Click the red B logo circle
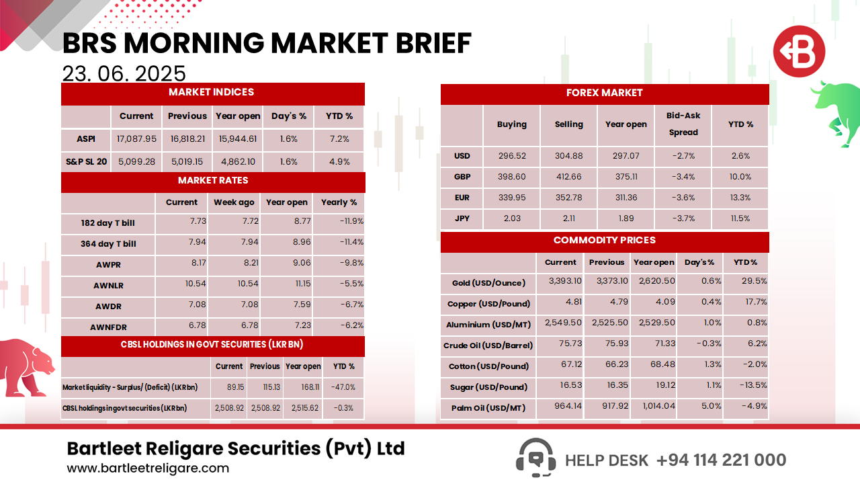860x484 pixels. coord(798,52)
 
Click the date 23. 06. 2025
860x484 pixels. coord(124,73)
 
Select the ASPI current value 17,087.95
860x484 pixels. coord(136,139)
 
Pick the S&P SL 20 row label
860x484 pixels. coord(86,162)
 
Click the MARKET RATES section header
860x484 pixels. coord(213,181)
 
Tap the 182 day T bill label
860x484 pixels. coord(108,223)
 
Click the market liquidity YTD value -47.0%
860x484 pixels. coord(343,387)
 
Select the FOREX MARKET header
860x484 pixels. coord(605,93)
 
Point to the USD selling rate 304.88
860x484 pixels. coord(568,156)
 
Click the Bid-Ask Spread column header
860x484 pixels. coord(683,124)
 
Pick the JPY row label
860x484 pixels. coord(462,219)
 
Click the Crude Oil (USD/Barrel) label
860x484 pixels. coord(488,346)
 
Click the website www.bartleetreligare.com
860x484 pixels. coord(148,469)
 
